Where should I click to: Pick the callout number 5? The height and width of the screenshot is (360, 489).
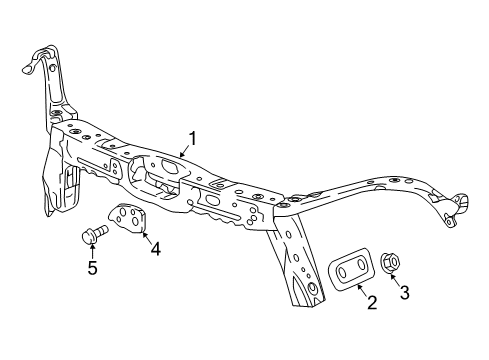[x=92, y=267]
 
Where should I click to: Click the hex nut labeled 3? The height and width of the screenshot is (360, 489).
[x=391, y=263]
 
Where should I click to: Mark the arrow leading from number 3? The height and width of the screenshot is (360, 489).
[x=398, y=277]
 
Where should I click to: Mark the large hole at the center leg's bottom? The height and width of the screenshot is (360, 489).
[x=312, y=291]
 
